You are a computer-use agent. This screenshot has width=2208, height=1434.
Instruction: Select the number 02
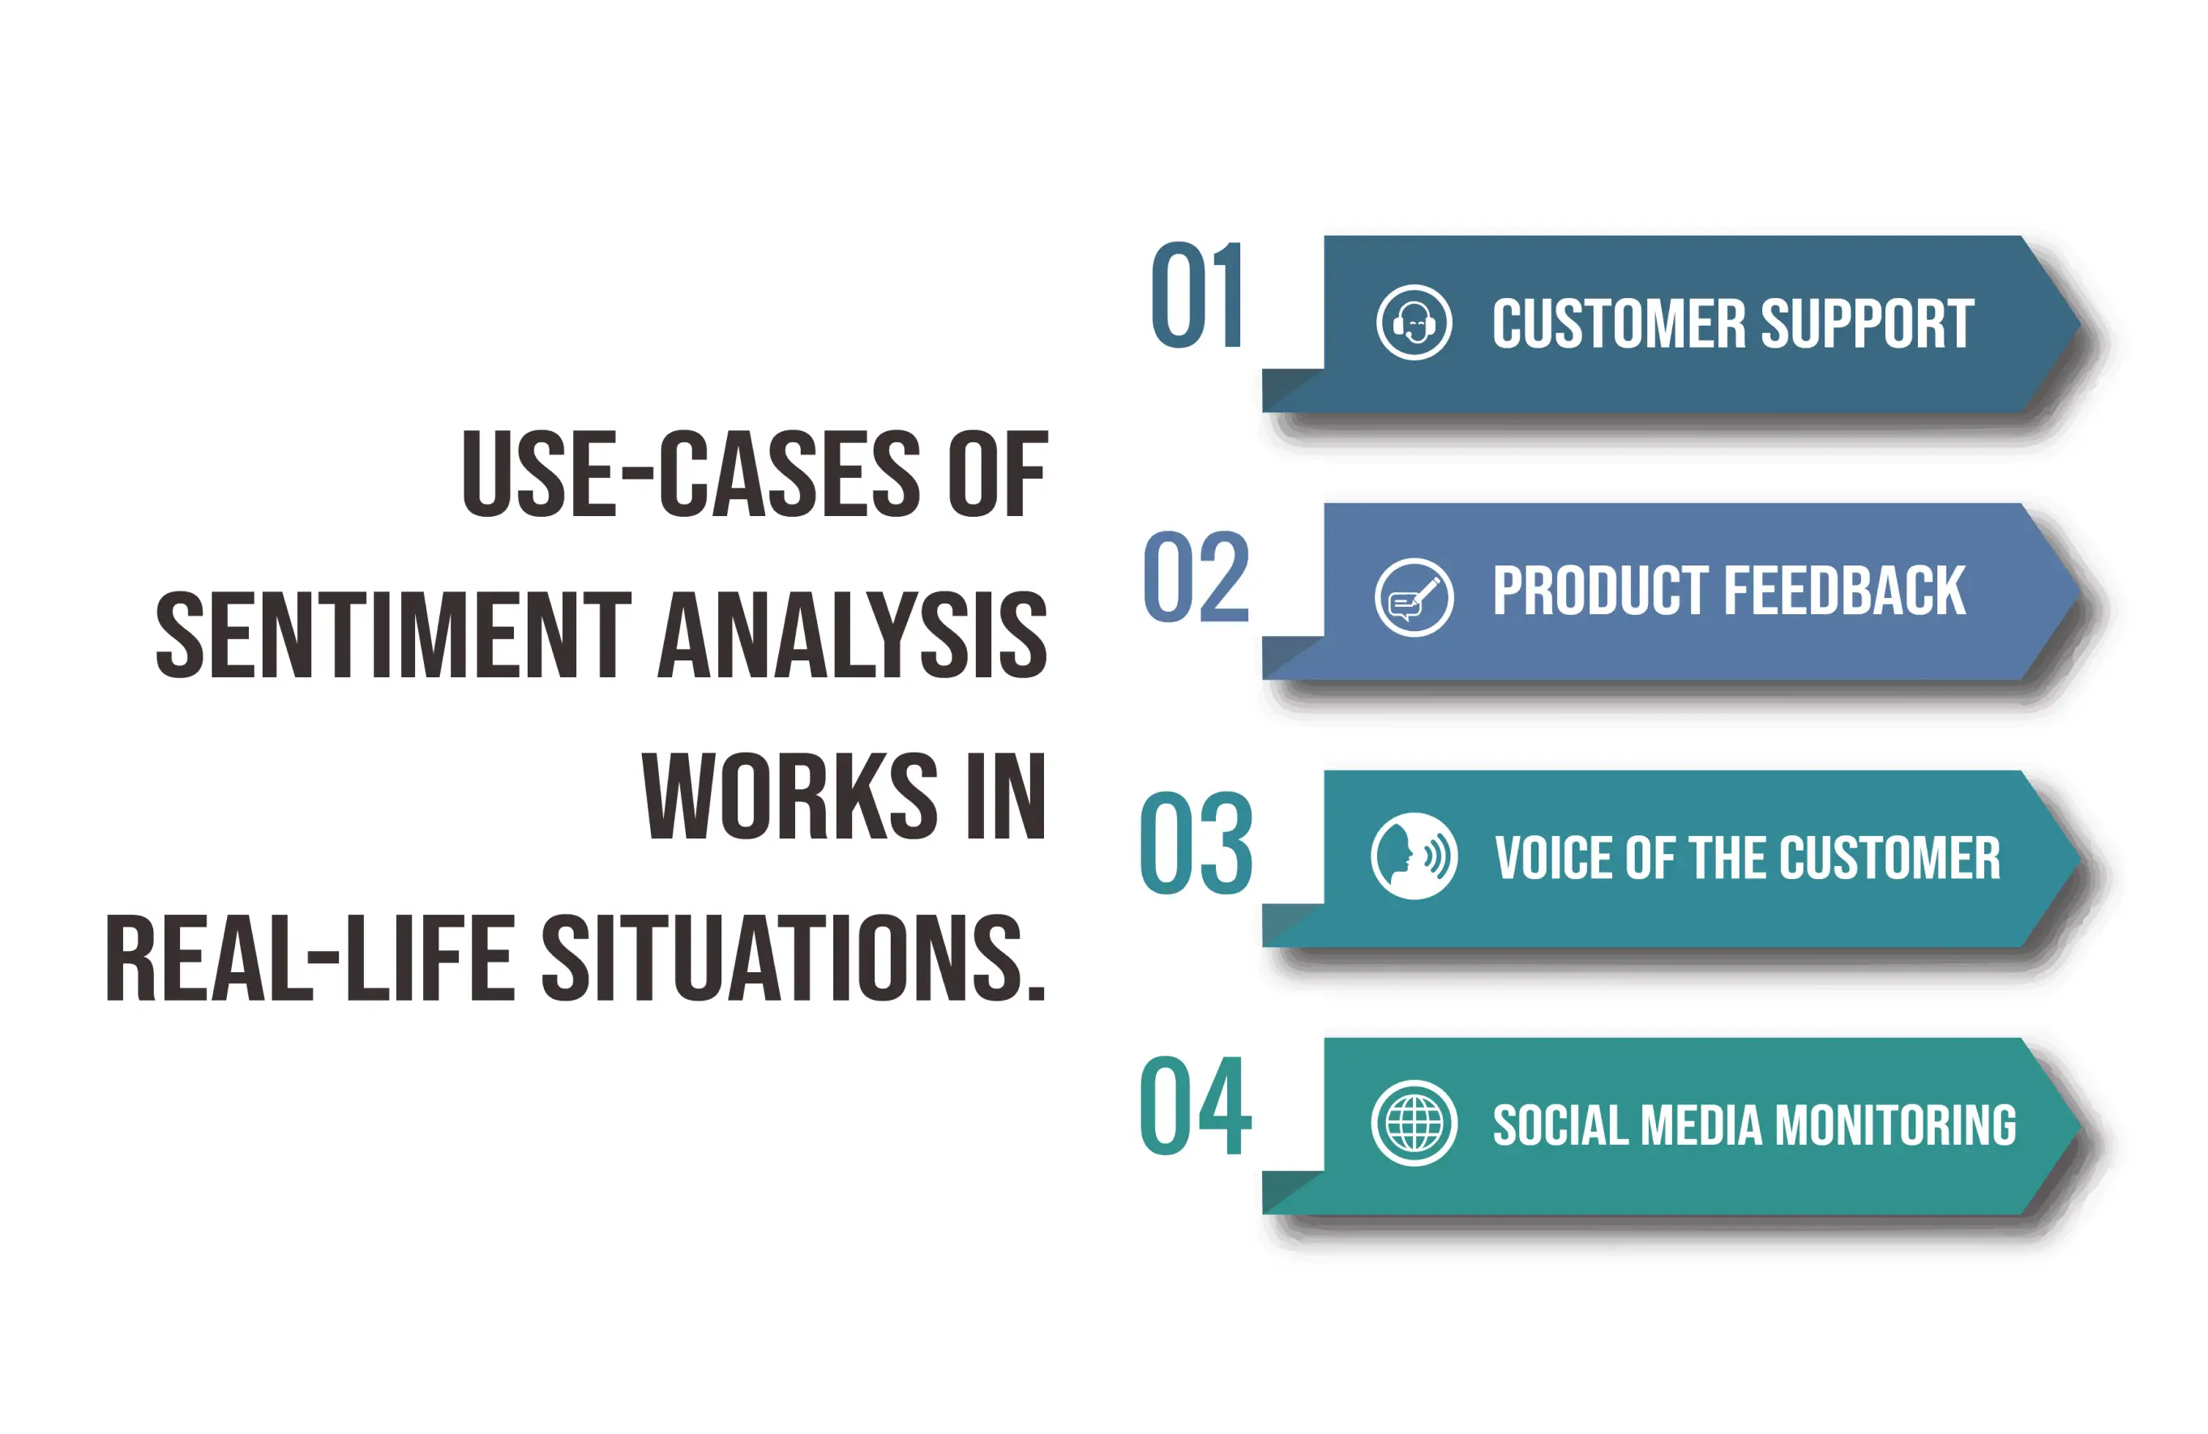(x=1196, y=577)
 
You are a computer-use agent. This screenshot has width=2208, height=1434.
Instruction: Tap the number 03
(x=1196, y=843)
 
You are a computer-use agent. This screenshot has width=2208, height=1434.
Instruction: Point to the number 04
(x=1196, y=1106)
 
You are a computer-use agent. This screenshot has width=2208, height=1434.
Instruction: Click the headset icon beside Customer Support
(x=1414, y=322)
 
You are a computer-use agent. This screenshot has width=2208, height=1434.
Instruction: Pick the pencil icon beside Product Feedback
(x=1414, y=597)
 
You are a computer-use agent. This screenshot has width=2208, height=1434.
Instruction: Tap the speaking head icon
(x=1414, y=856)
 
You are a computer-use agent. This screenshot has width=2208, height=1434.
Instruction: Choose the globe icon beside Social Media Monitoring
(x=1414, y=1123)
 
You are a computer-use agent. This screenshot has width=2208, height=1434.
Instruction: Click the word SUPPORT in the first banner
(x=1867, y=324)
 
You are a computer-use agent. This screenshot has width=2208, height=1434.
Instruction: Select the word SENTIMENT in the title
(x=393, y=635)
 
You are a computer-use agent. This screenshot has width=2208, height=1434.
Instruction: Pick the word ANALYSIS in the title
(x=853, y=635)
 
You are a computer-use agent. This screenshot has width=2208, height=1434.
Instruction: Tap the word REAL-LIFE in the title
(x=310, y=958)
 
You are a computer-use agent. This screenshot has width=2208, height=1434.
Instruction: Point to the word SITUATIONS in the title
(x=794, y=958)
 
